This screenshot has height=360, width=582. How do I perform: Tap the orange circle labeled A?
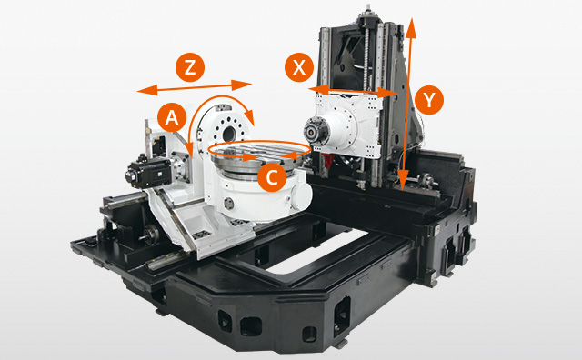click(x=169, y=116)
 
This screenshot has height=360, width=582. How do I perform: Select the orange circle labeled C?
click(x=270, y=176)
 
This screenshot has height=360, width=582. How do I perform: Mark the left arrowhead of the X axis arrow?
click(x=311, y=88)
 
